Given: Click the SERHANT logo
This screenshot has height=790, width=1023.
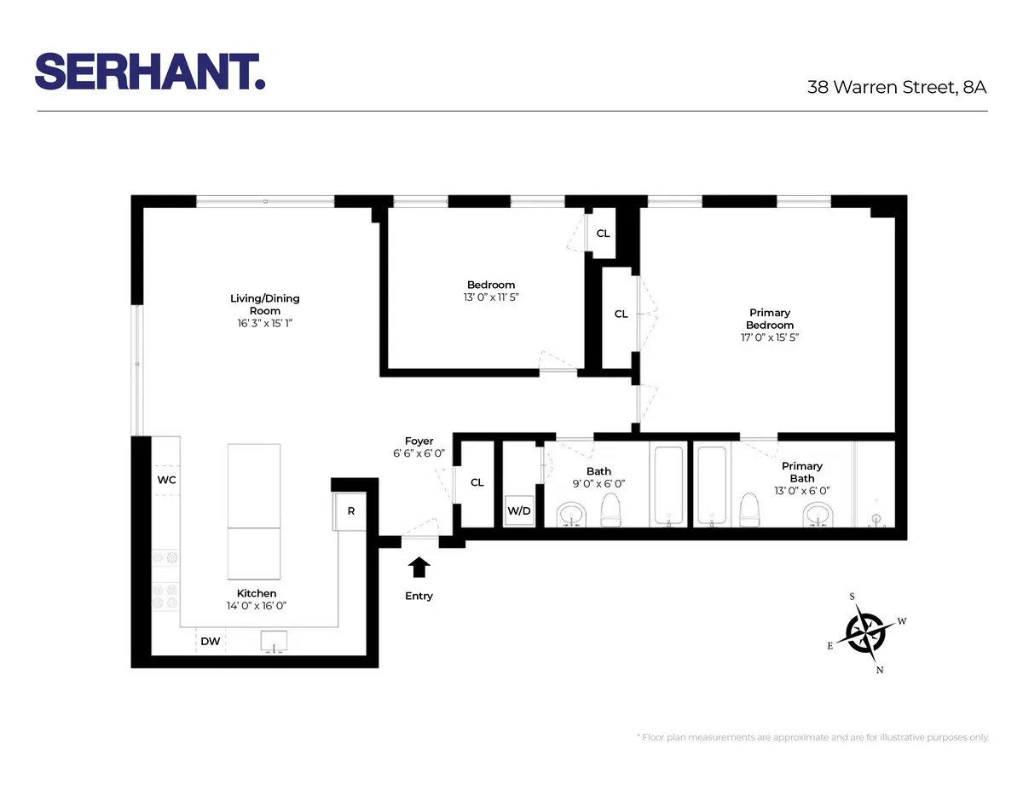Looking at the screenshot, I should click(150, 71).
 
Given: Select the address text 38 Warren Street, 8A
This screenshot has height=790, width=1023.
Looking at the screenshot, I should click(897, 88).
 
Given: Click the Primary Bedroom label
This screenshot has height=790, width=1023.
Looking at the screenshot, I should click(769, 319).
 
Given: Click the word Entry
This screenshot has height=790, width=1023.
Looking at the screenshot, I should click(419, 596).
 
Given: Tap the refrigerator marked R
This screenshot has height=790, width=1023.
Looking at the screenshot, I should click(350, 512).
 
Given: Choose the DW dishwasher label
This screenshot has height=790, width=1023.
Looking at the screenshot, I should click(210, 641).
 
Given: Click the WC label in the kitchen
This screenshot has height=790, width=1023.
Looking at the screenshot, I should click(166, 481).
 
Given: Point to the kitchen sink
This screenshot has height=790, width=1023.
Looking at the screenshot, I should click(275, 641).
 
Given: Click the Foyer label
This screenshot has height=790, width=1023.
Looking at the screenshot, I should click(419, 441).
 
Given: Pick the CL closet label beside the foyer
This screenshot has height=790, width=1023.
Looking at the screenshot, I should click(477, 482).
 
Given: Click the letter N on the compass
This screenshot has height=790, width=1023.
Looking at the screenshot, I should click(880, 671).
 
